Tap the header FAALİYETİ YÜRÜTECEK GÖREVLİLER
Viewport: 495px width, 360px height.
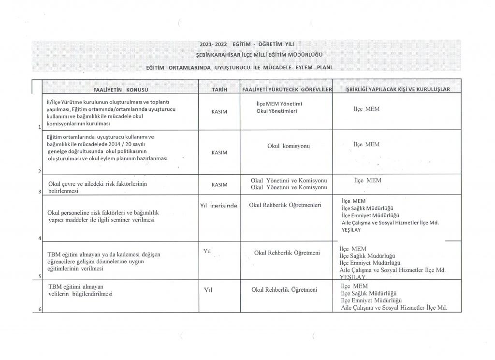click(x=287, y=90)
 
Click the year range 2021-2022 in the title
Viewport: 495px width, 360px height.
click(x=213, y=45)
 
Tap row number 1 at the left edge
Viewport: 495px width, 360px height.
click(x=38, y=127)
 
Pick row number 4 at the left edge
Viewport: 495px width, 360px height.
click(x=38, y=238)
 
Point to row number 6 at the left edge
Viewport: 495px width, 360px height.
click(x=38, y=310)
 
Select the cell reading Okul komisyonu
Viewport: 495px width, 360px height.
click(x=288, y=146)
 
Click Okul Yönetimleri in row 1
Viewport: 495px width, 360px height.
click(x=277, y=111)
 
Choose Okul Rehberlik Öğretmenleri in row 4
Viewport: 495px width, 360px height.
click(x=285, y=205)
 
